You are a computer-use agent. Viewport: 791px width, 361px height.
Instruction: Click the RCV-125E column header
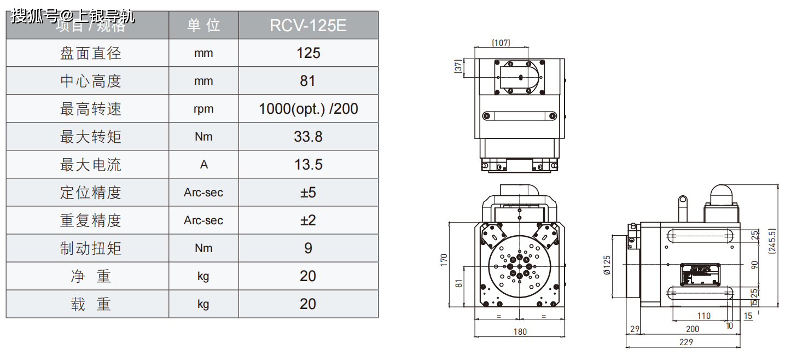[x=308, y=26]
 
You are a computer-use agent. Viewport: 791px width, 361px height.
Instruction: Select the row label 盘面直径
[x=90, y=53]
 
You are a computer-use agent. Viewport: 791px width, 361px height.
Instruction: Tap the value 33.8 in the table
[x=308, y=137]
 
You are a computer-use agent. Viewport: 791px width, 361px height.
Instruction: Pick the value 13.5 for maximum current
[x=308, y=165]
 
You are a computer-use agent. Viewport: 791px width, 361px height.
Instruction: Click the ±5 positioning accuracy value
[x=308, y=193]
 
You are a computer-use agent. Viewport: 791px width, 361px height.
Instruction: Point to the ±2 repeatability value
[x=308, y=220]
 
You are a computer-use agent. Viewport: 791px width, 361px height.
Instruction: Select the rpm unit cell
[x=203, y=109]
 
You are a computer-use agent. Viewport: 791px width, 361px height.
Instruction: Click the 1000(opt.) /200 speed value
[x=308, y=109]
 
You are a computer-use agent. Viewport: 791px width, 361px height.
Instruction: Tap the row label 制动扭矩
[x=90, y=248]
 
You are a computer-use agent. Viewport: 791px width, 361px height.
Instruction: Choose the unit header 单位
[x=203, y=26]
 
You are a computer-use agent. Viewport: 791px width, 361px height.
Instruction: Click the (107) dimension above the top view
[x=501, y=43]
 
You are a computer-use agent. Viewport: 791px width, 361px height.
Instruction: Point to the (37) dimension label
[x=458, y=67]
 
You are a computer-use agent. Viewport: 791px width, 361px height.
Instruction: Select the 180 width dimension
[x=520, y=331]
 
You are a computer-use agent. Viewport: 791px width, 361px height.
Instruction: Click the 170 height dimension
[x=444, y=259]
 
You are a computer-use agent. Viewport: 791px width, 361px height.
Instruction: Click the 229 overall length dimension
[x=686, y=342]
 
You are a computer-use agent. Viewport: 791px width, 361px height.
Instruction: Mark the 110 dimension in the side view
[x=704, y=316]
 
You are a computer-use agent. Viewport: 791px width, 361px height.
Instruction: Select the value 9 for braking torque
[x=308, y=248]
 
